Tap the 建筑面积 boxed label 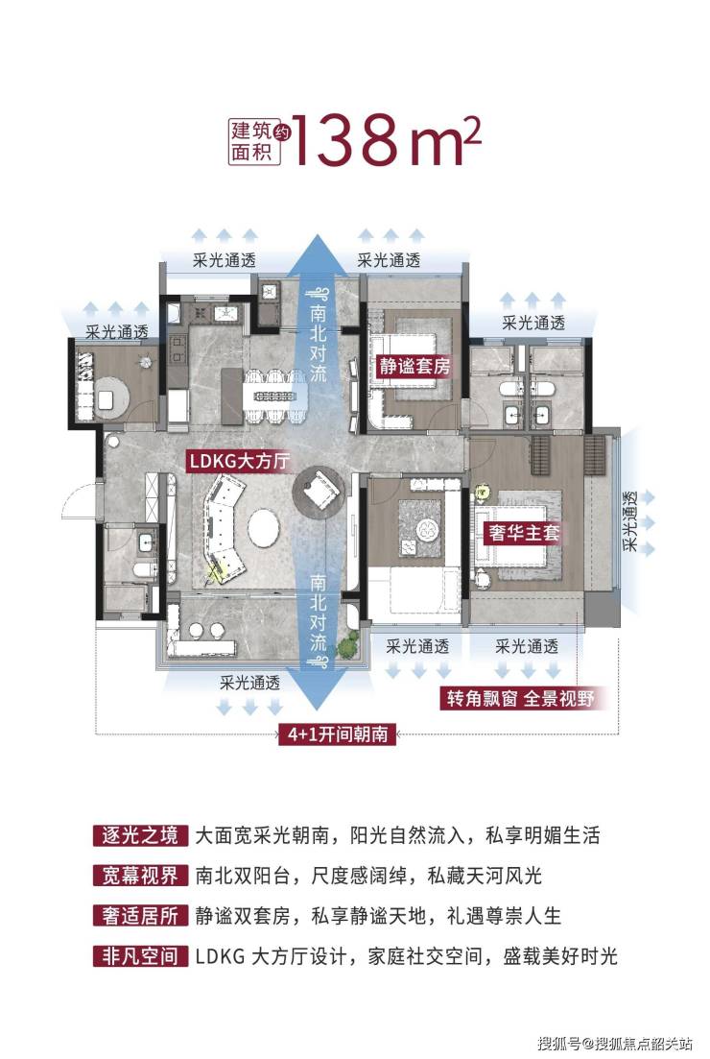coord(252,141)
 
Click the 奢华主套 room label coord(524,533)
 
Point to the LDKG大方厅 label coord(240,461)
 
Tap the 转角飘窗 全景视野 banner coord(520,698)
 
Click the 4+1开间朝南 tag coord(338,734)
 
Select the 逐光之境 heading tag coord(140,835)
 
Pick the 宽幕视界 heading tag coord(140,876)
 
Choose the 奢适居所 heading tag coord(140,916)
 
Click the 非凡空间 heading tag coord(140,955)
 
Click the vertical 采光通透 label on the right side coord(630,521)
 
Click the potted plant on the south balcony coord(347,646)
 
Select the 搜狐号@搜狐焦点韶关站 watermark coord(616,1043)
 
